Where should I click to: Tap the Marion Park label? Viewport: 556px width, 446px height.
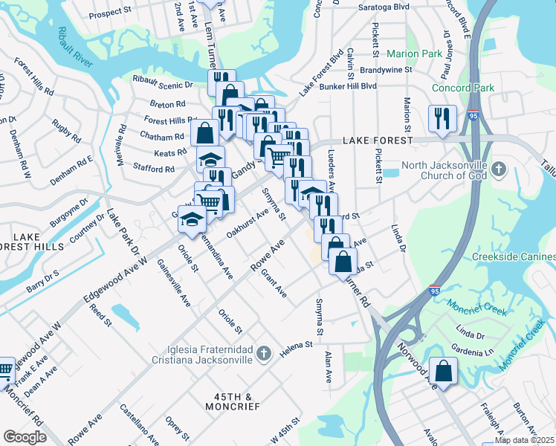coord(414,54)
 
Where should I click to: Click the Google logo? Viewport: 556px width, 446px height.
coord(25,437)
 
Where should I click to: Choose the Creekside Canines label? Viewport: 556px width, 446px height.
coord(514,256)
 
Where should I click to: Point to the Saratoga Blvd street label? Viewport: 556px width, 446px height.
coord(381,5)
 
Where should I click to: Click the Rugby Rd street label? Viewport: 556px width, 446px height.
coord(67,133)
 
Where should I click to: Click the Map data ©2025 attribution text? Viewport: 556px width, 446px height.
coord(525,440)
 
